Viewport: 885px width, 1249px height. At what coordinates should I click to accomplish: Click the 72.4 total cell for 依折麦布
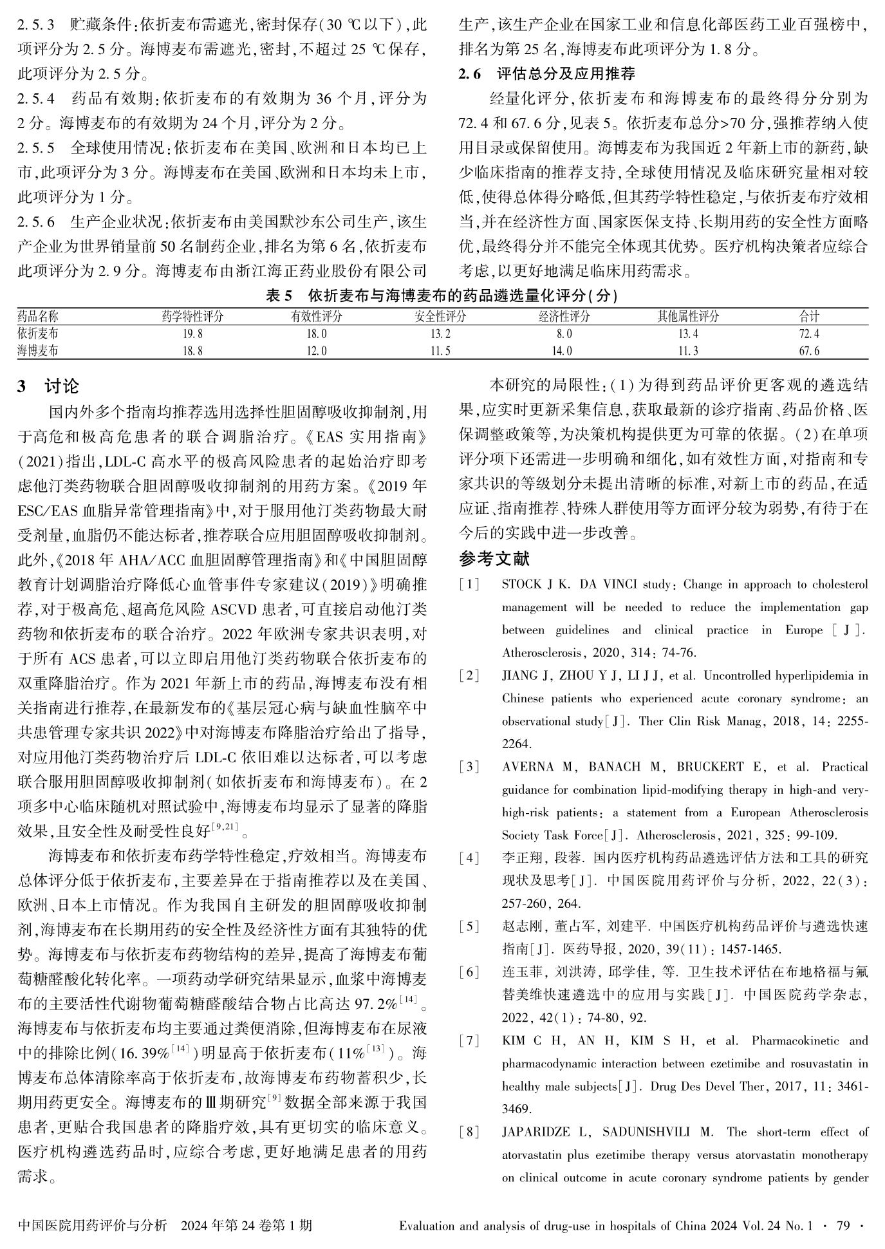pyautogui.click(x=808, y=333)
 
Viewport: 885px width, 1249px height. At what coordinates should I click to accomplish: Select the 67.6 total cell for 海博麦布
pyautogui.click(x=808, y=351)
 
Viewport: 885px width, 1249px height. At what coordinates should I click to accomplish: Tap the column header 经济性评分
pyautogui.click(x=564, y=316)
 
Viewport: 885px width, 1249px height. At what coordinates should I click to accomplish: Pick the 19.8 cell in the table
pyautogui.click(x=192, y=333)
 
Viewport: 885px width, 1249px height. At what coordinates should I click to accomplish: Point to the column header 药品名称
pyautogui.click(x=37, y=316)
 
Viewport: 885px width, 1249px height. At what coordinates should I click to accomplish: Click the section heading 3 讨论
pyautogui.click(x=48, y=386)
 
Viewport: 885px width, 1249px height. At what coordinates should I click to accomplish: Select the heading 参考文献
pyautogui.click(x=494, y=558)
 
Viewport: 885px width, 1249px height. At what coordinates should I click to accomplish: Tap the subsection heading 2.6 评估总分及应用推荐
pyautogui.click(x=546, y=74)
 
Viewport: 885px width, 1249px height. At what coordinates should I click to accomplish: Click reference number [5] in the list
pyautogui.click(x=469, y=926)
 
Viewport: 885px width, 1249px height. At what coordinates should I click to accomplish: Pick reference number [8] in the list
pyautogui.click(x=469, y=1132)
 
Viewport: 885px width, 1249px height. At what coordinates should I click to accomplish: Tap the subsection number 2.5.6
pyautogui.click(x=36, y=222)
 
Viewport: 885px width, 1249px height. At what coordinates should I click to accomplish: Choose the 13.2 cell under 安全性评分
pyautogui.click(x=440, y=333)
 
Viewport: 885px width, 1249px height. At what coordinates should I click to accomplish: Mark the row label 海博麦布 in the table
pyautogui.click(x=37, y=351)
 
